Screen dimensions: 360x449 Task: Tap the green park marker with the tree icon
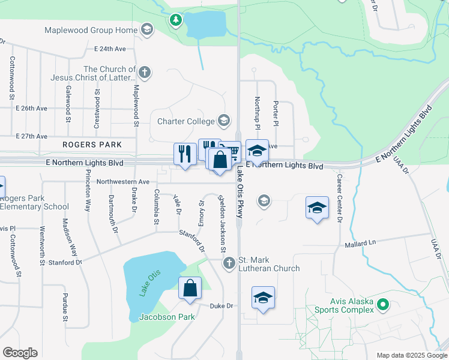(175, 21)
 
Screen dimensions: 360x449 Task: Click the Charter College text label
(185, 121)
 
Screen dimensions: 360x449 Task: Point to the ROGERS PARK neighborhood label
(92, 145)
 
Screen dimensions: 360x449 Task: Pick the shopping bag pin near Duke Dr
(190, 288)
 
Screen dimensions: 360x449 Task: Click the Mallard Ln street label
(359, 244)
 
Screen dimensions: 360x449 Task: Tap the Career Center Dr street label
(339, 199)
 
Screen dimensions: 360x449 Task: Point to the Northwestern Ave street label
(122, 181)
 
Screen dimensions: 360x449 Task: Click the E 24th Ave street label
(109, 49)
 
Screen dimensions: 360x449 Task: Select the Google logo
(20, 353)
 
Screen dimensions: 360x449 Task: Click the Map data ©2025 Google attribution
(412, 355)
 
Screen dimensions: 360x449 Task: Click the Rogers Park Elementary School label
(35, 203)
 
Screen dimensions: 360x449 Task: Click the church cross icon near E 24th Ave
(144, 73)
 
